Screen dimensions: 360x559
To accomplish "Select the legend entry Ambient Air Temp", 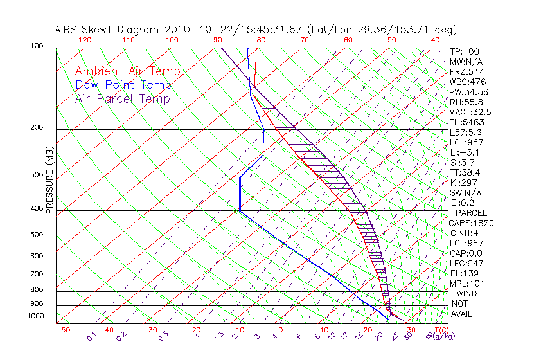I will point(127,71).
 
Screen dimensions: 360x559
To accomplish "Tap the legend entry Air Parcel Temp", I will point(122,98).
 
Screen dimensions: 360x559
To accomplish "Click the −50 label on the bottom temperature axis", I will point(62,330).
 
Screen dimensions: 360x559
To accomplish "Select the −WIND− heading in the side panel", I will point(467,293).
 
